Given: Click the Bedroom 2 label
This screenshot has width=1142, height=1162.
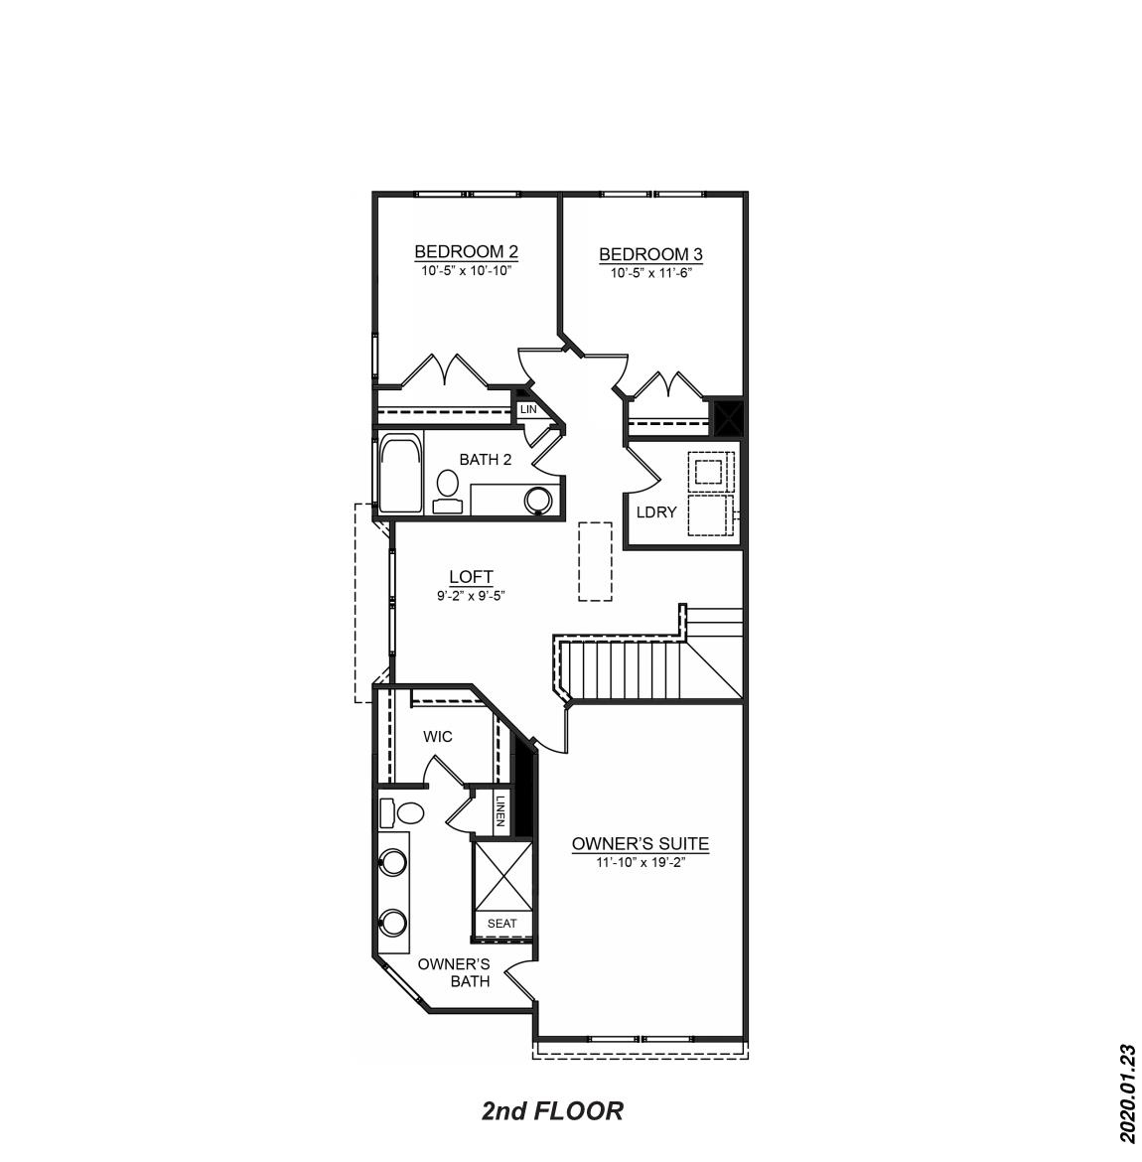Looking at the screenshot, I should (x=466, y=251).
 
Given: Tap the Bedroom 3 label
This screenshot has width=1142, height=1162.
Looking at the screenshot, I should (x=650, y=255).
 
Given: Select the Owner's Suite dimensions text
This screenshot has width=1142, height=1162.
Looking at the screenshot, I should (x=641, y=863).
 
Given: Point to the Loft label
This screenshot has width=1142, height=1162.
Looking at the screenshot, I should (x=471, y=577).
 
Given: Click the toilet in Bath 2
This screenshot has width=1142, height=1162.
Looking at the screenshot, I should (x=447, y=489).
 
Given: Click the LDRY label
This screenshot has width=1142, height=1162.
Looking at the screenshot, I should (x=656, y=512).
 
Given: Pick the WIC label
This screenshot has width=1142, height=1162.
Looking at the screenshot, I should (x=438, y=737).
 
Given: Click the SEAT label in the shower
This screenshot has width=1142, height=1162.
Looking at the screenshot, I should (x=502, y=924).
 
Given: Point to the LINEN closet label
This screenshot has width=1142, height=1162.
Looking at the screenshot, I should (x=501, y=810).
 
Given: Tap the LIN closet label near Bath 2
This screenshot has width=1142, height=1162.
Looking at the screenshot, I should (x=528, y=409).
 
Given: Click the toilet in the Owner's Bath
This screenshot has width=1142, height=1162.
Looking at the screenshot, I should (x=403, y=813).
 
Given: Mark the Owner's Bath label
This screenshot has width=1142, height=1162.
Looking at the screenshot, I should (x=454, y=972).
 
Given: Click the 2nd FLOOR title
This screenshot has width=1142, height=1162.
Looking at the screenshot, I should (x=552, y=1110).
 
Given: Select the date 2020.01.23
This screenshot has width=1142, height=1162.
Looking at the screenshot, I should (x=1126, y=1091).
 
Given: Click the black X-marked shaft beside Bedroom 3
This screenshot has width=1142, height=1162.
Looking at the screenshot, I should (x=729, y=417).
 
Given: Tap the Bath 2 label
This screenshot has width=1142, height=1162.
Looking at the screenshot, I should (x=486, y=460).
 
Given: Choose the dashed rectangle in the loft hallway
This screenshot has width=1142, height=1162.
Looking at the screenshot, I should (x=595, y=560).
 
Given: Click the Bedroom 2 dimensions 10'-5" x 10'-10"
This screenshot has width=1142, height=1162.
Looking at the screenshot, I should (x=466, y=270).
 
